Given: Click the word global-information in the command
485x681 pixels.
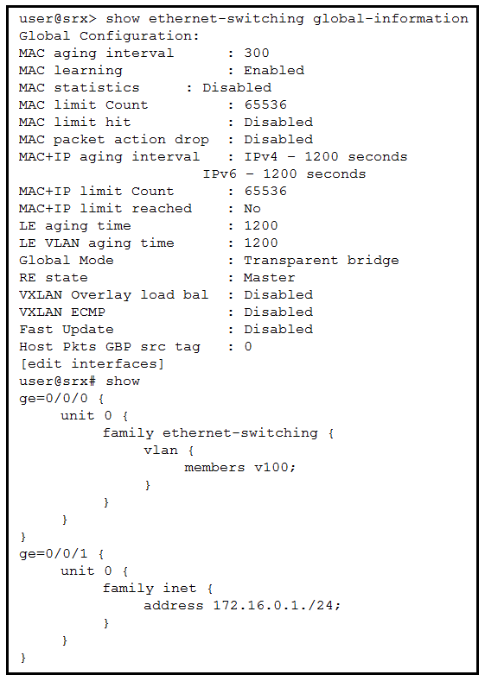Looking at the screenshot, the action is (391, 19).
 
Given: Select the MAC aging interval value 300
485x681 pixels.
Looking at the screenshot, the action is (257, 53).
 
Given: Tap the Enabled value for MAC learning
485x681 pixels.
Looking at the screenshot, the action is (274, 71).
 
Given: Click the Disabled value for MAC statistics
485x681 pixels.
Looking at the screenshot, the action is (237, 88).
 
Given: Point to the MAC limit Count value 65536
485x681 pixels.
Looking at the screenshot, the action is (265, 104).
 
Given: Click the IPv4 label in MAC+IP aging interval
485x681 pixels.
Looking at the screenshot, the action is (260, 157).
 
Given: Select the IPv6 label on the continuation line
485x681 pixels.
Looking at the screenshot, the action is (220, 174).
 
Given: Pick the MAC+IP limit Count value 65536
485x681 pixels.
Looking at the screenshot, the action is (265, 191).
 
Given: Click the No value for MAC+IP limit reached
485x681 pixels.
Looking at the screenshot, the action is (252, 209).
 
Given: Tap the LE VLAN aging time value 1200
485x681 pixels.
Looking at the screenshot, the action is (261, 243).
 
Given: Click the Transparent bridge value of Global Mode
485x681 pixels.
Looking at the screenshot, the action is (322, 261).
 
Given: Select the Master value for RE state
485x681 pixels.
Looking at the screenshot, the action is (269, 278).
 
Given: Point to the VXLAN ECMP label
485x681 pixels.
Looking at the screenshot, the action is (62, 312).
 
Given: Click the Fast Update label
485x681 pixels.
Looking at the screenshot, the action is (67, 330).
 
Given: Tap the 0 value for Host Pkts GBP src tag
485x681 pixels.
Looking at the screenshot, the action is (248, 347).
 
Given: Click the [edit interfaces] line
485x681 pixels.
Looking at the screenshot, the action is (92, 364).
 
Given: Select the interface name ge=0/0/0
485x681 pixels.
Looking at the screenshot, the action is (54, 398).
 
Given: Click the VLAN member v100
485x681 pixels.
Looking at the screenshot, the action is (275, 467).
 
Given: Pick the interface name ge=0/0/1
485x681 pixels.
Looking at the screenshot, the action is (54, 554).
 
